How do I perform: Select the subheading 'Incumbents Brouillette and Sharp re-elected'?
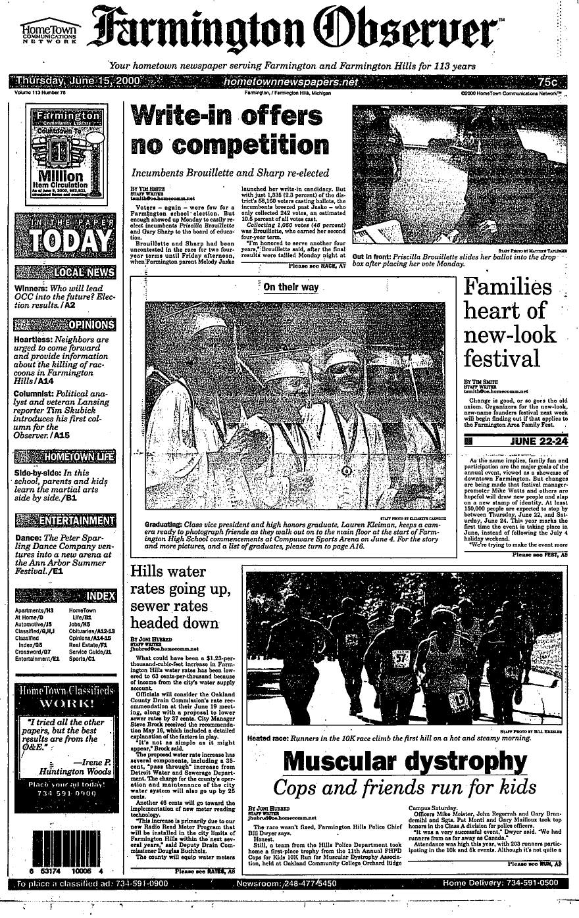(x=230, y=174)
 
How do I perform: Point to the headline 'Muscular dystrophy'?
(x=405, y=761)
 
